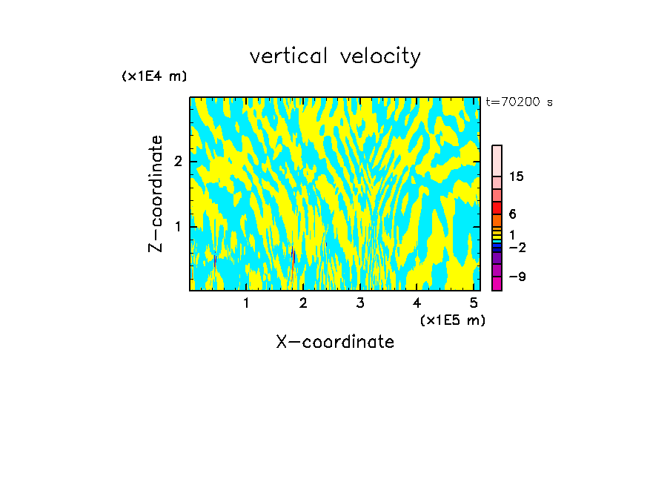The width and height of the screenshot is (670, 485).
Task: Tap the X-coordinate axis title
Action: pyautogui.click(x=335, y=342)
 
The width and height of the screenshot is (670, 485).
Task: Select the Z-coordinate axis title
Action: pyautogui.click(x=156, y=194)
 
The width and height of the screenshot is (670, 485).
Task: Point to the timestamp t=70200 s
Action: pyautogui.click(x=519, y=102)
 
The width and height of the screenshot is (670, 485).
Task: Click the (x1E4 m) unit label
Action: pyautogui.click(x=154, y=76)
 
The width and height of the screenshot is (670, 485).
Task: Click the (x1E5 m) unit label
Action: pyautogui.click(x=452, y=320)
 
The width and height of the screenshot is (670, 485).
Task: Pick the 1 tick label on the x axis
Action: pyautogui.click(x=246, y=303)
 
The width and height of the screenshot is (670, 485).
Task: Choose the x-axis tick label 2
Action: pyautogui.click(x=303, y=303)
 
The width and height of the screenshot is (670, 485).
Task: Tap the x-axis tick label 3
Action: pyautogui.click(x=360, y=303)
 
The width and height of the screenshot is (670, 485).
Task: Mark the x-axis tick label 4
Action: pyautogui.click(x=417, y=303)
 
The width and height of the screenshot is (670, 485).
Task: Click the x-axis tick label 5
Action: pyautogui.click(x=474, y=303)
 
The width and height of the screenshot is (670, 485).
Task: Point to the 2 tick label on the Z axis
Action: pyautogui.click(x=177, y=162)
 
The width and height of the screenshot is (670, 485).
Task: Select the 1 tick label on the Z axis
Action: pyautogui.click(x=177, y=226)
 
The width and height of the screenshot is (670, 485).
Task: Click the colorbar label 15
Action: pyautogui.click(x=517, y=176)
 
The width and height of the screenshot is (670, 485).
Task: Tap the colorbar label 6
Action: pyautogui.click(x=512, y=214)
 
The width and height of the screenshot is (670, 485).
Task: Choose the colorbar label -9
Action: pyautogui.click(x=517, y=277)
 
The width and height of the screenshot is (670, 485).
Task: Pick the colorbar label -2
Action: pyautogui.click(x=517, y=247)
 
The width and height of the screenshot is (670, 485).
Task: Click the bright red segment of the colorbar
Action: pyautogui.click(x=497, y=208)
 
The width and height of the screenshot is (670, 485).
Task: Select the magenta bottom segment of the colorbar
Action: pyautogui.click(x=497, y=283)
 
